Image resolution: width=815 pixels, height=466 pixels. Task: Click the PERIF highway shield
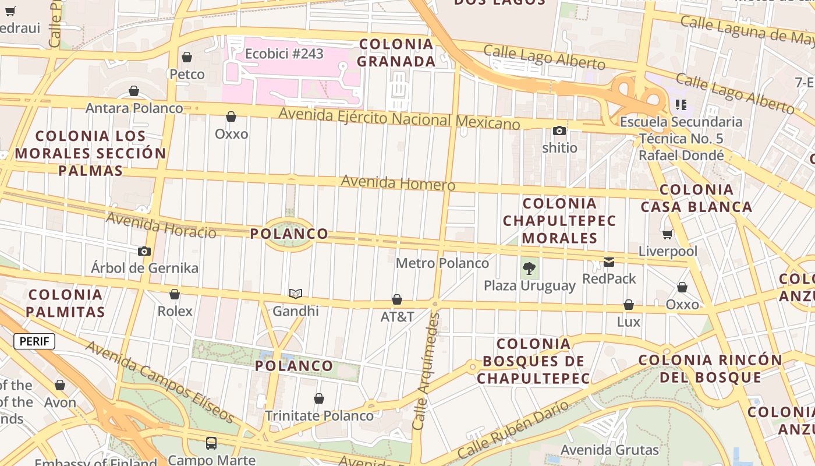[x=34, y=341]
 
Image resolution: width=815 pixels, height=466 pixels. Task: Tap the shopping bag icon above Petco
[x=187, y=57]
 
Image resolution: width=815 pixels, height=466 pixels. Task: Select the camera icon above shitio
[x=559, y=130]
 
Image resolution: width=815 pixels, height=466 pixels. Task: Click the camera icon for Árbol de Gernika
[x=144, y=251]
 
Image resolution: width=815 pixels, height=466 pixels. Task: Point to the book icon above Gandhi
[x=296, y=294]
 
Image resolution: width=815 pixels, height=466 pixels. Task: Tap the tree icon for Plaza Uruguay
[x=529, y=269]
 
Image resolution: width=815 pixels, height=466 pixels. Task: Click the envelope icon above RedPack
[x=609, y=262]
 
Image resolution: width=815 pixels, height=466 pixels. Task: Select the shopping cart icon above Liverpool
[x=667, y=234]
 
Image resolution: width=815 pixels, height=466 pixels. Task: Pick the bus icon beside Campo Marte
[x=211, y=443]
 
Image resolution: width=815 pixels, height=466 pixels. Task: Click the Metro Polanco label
[x=442, y=263]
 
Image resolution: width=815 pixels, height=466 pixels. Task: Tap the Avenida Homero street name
[x=398, y=183]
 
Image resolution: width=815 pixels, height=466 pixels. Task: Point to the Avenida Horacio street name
[x=161, y=225]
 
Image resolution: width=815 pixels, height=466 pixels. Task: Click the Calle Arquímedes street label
[x=426, y=370]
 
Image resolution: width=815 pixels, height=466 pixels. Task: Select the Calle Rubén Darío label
[x=513, y=430]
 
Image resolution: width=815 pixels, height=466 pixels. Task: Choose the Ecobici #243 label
[x=284, y=54]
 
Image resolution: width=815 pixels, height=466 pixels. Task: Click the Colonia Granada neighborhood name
[x=396, y=52]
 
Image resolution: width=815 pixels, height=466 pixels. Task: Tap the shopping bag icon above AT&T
[x=397, y=299]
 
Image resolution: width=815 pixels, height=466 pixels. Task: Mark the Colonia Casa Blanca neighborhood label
[x=696, y=198]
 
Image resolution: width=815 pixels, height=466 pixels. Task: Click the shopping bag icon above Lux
[x=629, y=305]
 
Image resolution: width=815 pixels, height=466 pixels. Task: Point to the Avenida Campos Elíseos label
[x=160, y=382]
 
